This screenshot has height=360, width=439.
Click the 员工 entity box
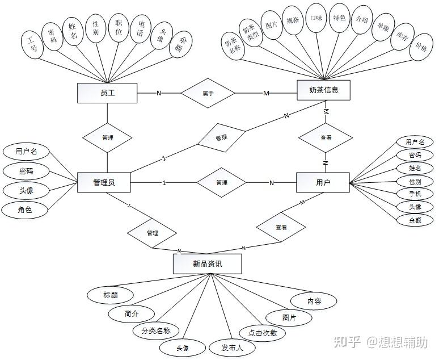[107, 93]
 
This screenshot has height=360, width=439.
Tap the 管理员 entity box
[104, 182]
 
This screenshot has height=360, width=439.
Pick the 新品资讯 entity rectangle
[207, 263]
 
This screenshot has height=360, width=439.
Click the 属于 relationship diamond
[208, 93]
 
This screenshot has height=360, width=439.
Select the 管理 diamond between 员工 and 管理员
[107, 137]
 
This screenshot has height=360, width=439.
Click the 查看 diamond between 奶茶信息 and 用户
[326, 137]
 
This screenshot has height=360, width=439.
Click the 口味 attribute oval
[316, 18]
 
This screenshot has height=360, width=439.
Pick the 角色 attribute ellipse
[25, 210]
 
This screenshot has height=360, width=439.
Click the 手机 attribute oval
[415, 194]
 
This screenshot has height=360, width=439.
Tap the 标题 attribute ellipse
[110, 295]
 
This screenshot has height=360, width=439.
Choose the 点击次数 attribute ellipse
[259, 333]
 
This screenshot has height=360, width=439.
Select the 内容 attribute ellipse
[314, 301]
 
